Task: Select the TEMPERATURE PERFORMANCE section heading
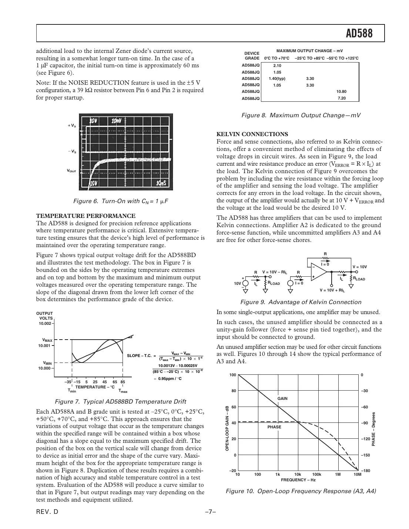coord(86,216)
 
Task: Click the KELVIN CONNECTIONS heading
coord(252,134)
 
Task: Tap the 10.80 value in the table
coord(341,91)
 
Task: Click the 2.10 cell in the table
coord(277,65)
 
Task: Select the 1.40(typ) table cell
coord(277,78)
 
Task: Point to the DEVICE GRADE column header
coord(252,56)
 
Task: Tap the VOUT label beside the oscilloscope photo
coord(71,171)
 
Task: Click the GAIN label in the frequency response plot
coord(282,398)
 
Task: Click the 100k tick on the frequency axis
coord(316,474)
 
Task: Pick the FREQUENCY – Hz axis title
coord(298,480)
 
